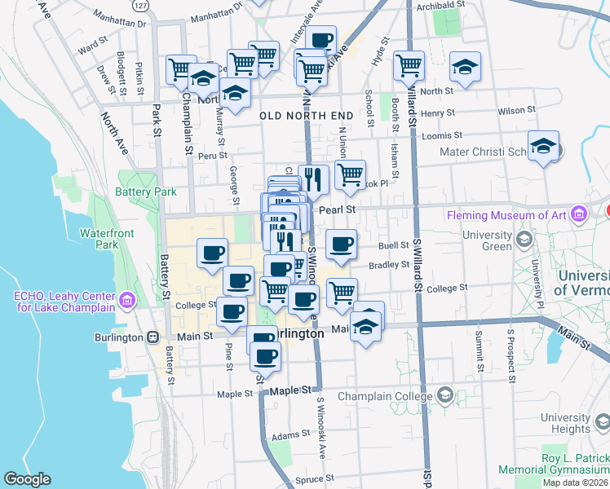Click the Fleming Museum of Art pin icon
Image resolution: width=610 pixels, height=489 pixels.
(580, 215)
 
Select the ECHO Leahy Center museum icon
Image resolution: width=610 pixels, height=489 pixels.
(126, 302)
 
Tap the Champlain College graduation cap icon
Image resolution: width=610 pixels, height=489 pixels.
(444, 397)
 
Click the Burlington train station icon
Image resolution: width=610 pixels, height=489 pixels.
(152, 337)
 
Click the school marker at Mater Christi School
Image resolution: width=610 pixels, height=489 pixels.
(543, 147)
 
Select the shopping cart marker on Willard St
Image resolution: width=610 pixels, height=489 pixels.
(409, 65)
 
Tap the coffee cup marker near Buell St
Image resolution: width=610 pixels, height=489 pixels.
(341, 243)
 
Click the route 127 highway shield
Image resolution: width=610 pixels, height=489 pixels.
(142, 6)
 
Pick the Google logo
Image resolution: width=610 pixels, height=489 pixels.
(28, 479)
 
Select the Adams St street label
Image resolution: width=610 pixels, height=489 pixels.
(292, 436)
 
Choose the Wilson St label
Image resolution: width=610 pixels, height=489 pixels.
(515, 109)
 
